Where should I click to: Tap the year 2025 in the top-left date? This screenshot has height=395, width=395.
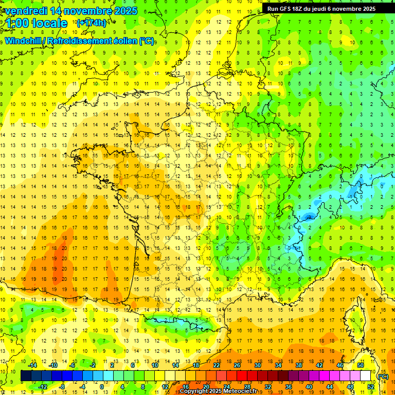tap(123, 11)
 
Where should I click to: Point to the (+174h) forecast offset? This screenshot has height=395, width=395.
tap(91, 23)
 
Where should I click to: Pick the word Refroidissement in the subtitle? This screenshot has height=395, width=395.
tap(82, 41)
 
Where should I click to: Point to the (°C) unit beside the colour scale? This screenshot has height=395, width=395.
tap(383, 376)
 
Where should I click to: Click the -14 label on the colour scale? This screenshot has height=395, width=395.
tap(33, 365)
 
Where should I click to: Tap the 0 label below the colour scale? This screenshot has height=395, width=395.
tap(102, 387)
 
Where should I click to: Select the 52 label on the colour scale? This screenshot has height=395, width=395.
tap(371, 387)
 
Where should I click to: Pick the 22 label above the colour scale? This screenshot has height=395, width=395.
tap(217, 365)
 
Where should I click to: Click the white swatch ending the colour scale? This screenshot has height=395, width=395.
tap(366, 376)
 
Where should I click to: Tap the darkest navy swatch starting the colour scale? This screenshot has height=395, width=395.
tap(26, 376)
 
